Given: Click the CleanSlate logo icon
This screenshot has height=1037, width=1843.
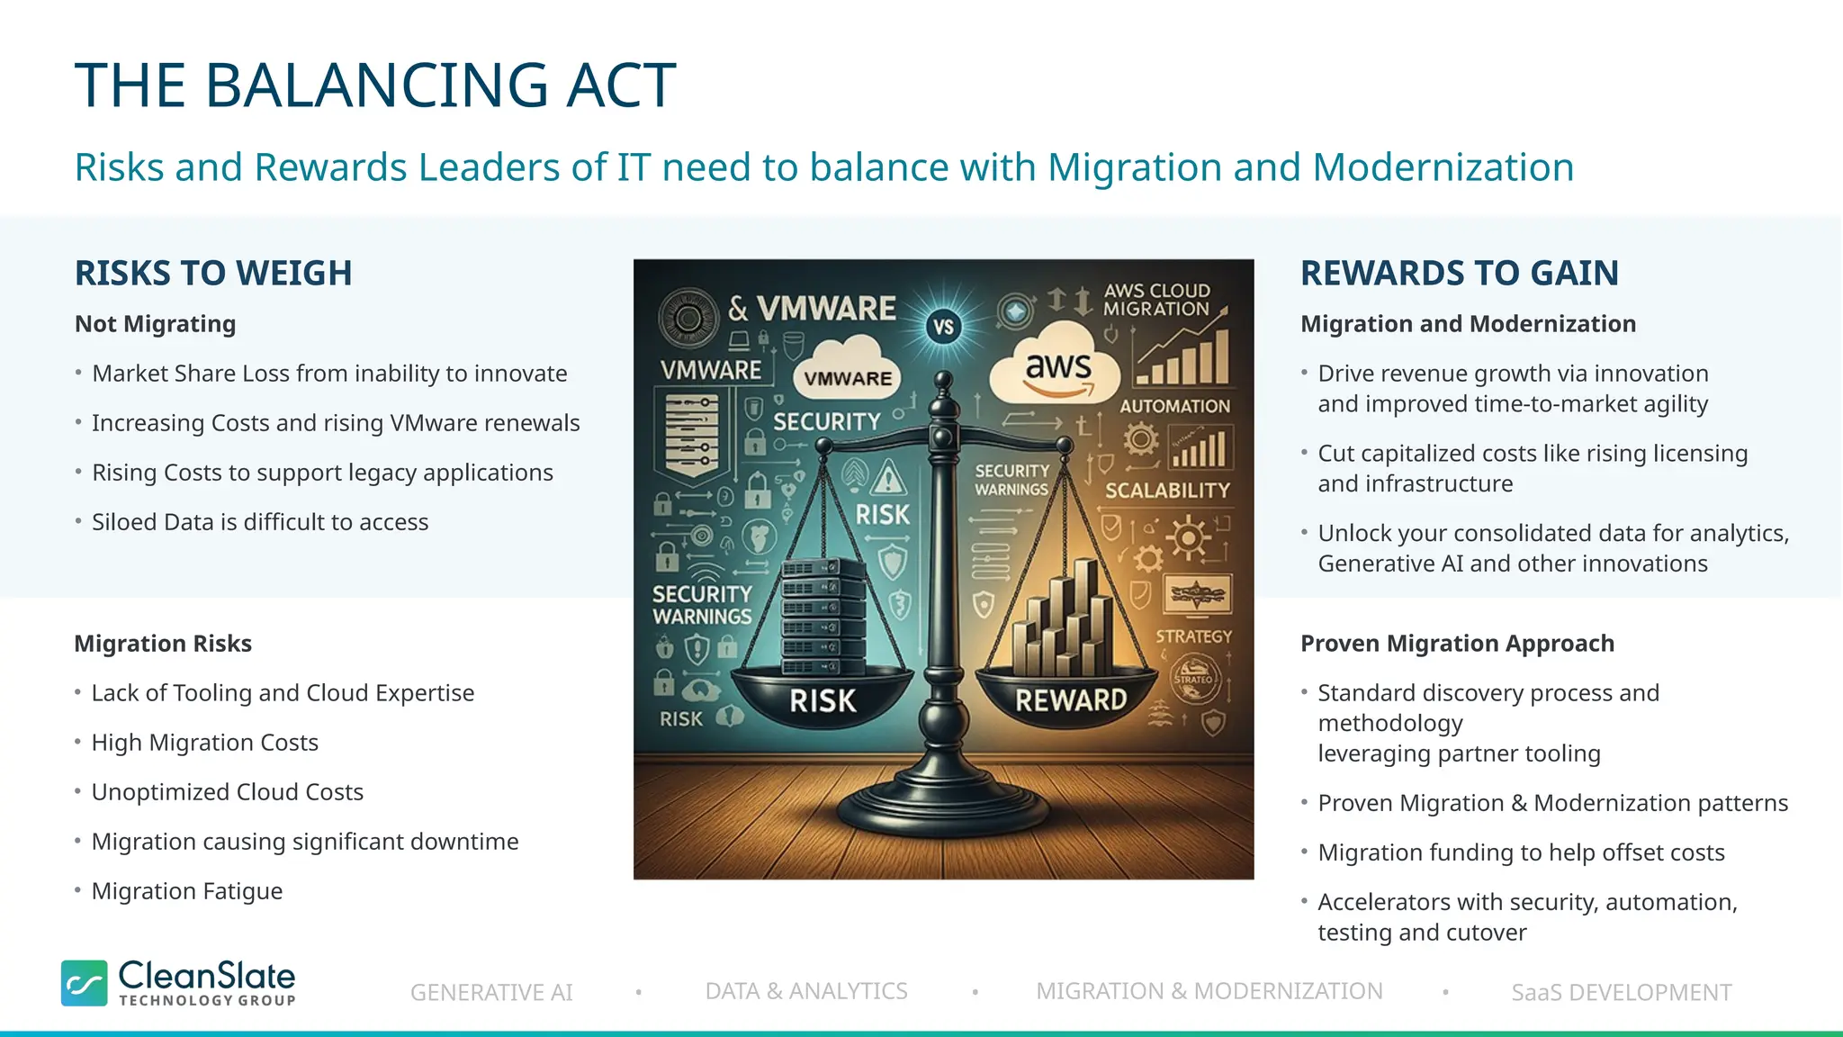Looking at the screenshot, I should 85,982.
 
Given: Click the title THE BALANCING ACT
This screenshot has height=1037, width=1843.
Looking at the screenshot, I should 374,86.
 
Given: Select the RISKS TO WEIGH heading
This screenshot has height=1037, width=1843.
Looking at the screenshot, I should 213,273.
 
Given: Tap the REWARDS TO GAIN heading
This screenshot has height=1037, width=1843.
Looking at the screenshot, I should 1459,273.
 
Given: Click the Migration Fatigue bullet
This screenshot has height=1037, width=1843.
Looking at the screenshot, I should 186,891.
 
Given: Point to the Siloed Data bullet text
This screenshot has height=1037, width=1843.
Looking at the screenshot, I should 259,522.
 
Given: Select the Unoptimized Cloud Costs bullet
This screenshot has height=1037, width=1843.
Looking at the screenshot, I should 227,792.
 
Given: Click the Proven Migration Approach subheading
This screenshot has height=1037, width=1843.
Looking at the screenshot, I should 1457,644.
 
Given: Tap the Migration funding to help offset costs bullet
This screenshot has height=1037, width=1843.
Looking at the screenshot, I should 1520,852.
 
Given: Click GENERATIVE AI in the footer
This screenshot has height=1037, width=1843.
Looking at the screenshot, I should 491,992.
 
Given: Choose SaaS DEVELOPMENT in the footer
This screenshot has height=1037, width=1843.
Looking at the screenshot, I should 1621,992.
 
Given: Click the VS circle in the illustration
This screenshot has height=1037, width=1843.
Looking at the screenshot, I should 943,327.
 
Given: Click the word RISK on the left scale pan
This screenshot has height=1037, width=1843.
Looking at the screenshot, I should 823,700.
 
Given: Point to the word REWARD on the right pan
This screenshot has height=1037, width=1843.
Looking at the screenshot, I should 1071,699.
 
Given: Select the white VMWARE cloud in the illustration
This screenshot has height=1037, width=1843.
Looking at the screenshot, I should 847,369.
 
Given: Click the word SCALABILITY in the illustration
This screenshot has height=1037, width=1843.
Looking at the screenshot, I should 1167,491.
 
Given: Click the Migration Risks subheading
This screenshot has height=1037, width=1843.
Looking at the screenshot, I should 163,644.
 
